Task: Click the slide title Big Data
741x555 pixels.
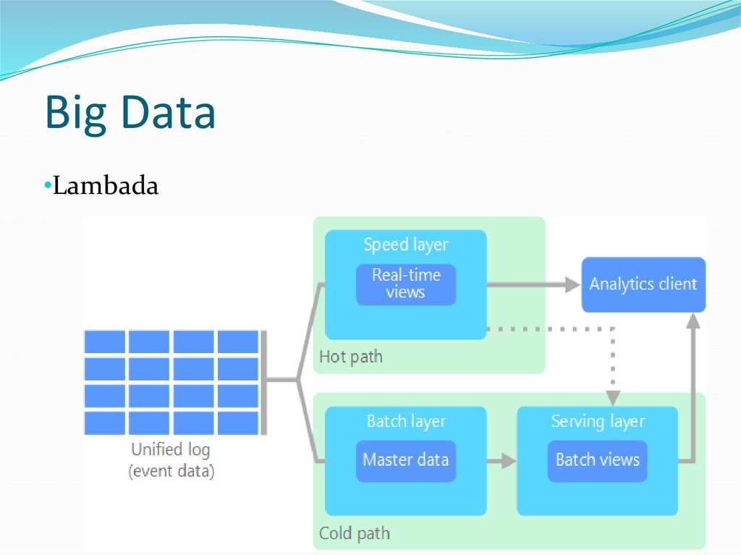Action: click(x=130, y=114)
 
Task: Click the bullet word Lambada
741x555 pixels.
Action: click(x=106, y=187)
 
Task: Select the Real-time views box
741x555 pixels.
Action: click(x=405, y=284)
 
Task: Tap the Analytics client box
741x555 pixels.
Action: click(x=643, y=284)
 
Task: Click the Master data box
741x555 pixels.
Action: click(x=405, y=460)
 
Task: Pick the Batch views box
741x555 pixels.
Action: click(x=597, y=460)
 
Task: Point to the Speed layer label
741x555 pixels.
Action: click(x=405, y=245)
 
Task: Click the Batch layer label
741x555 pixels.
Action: click(x=405, y=421)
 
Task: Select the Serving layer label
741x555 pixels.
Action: click(x=597, y=421)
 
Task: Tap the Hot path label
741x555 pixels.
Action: click(x=350, y=357)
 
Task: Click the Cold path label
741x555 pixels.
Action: click(x=354, y=534)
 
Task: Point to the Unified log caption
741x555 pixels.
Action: click(x=171, y=450)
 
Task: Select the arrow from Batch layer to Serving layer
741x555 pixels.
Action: click(x=501, y=461)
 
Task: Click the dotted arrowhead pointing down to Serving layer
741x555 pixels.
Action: click(x=613, y=397)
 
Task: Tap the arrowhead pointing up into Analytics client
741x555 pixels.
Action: click(x=693, y=323)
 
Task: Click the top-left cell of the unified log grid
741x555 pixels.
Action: click(x=105, y=342)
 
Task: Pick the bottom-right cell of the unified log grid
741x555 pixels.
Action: click(x=237, y=423)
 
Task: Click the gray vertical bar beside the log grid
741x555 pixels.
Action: click(x=263, y=382)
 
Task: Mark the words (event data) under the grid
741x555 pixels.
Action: click(x=171, y=472)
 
